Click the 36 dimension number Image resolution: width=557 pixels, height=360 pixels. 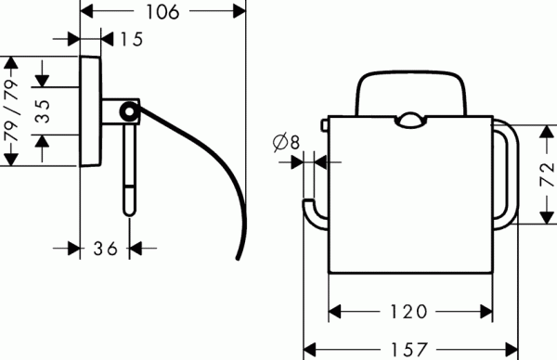click(107, 248)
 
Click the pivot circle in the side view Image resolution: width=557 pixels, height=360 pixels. click(129, 112)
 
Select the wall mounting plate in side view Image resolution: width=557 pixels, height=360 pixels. click(90, 110)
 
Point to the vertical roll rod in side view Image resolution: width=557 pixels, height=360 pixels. click(128, 167)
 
